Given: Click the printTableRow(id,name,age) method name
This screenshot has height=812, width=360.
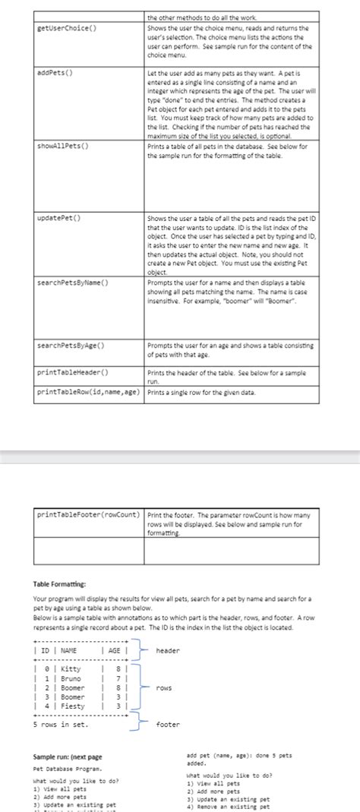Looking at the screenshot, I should tap(88, 392).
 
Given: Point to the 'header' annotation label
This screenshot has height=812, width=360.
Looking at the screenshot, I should tap(167, 650).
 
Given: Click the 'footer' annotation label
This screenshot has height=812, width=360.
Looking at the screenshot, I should tap(167, 724).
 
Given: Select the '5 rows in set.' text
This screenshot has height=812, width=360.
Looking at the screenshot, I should tap(61, 724).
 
